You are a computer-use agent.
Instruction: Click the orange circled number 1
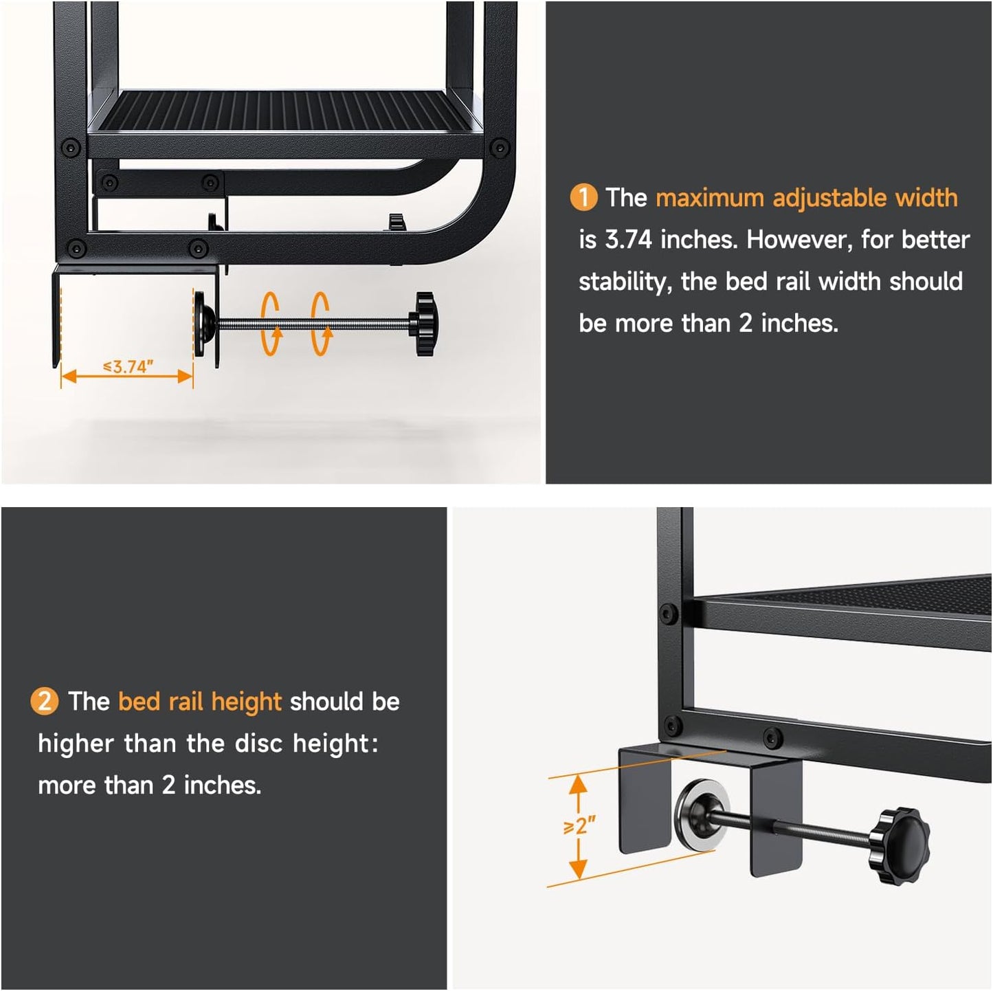[583, 198]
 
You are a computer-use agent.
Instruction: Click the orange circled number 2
[45, 702]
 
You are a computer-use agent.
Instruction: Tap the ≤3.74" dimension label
[129, 367]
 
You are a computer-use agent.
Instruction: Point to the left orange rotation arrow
[271, 324]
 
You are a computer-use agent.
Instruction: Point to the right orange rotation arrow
[320, 324]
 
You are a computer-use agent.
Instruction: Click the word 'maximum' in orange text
[710, 199]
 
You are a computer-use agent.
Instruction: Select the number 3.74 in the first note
[628, 240]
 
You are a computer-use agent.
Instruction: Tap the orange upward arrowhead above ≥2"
[579, 784]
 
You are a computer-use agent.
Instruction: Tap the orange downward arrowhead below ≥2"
[579, 869]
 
